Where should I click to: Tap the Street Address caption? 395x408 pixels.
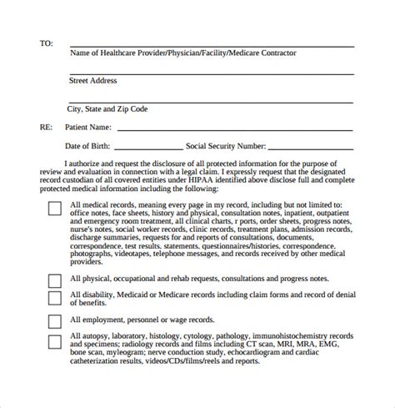(x=92, y=81)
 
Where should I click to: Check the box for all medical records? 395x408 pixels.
(x=54, y=207)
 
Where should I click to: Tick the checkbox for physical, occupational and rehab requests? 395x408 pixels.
(x=54, y=280)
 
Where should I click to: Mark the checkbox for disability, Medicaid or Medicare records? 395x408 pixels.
(x=54, y=299)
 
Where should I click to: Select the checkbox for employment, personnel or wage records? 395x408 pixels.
(x=54, y=321)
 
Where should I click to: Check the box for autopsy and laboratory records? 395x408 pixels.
(x=54, y=341)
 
